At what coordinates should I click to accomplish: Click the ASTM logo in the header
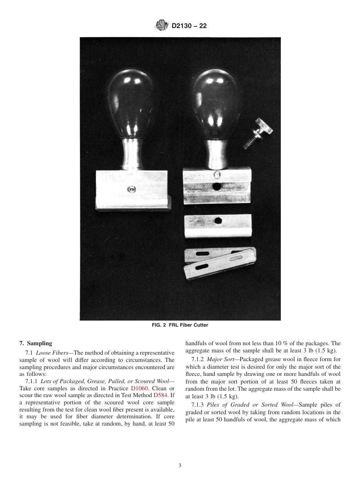pos(162,26)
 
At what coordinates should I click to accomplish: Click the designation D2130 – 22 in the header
pos(189,26)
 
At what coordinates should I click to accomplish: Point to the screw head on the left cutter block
pos(131,188)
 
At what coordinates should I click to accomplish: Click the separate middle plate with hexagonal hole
pos(218,226)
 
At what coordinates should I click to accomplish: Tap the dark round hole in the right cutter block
pos(217,186)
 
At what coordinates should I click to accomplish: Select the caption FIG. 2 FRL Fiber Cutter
pos(180,325)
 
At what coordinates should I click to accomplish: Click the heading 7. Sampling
pos(36,343)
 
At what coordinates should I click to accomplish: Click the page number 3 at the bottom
pos(180,465)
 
